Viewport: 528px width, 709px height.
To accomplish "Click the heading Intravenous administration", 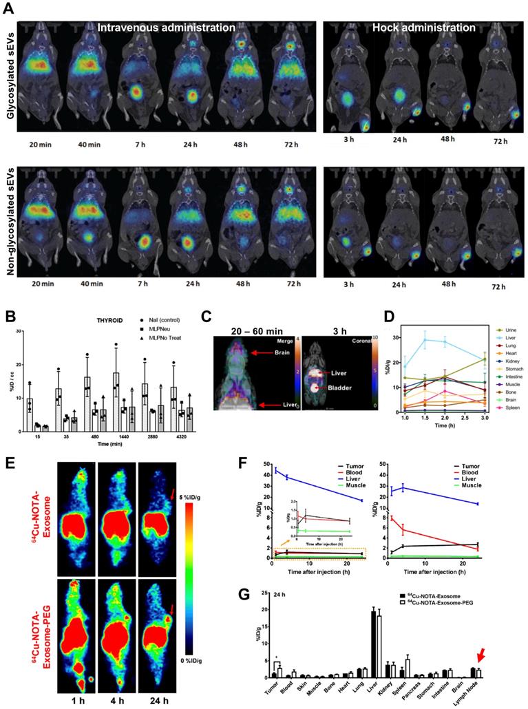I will tap(166, 28).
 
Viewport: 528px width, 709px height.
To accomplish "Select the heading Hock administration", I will tap(423, 28).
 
